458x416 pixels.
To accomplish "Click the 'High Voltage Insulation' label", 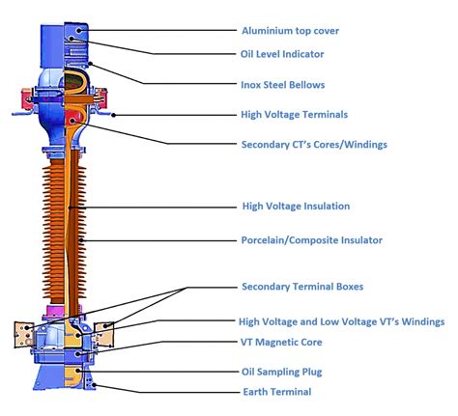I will coord(295,206).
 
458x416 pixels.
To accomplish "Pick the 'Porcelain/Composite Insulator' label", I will coord(311,240).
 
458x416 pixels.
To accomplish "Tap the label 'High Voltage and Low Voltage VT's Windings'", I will coord(341,320).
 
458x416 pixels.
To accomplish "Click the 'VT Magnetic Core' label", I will coord(281,342).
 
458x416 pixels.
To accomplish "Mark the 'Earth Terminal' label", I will coord(275,392).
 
